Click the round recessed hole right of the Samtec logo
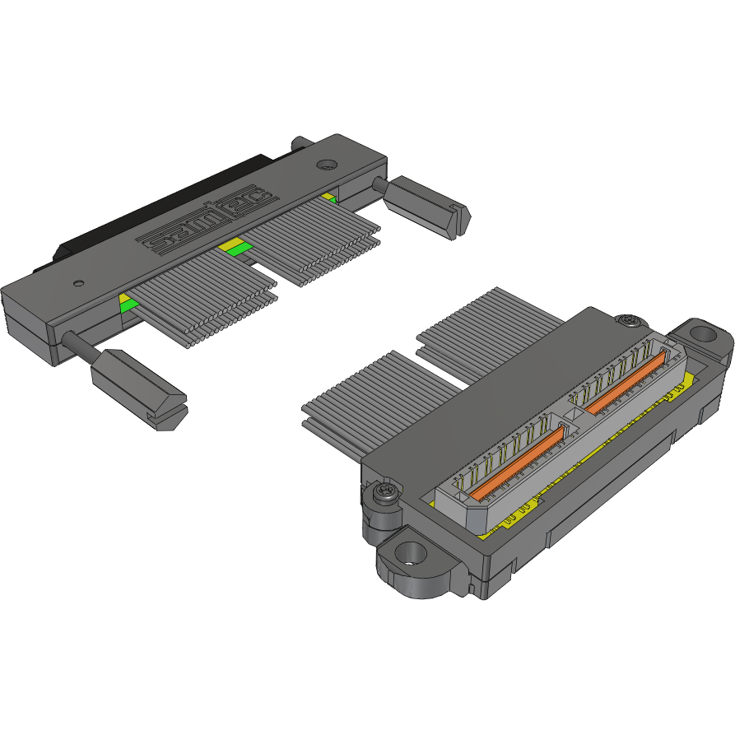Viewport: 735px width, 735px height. tap(326, 164)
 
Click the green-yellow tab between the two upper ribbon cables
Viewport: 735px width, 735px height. tap(233, 247)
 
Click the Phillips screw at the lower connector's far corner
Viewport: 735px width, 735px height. tap(630, 319)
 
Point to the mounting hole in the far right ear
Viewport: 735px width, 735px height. tap(701, 334)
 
